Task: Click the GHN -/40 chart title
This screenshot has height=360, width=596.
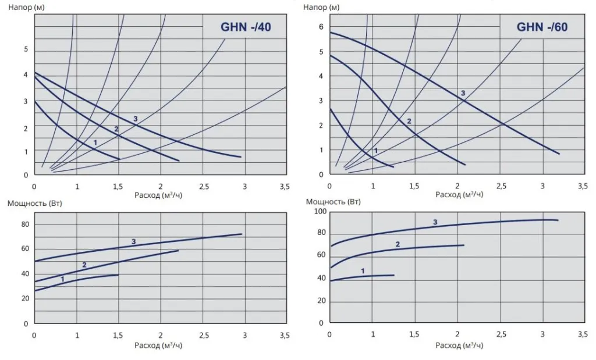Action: [245, 27]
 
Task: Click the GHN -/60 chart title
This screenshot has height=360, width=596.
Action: [542, 27]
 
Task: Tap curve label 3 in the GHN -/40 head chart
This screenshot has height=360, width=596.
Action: [135, 119]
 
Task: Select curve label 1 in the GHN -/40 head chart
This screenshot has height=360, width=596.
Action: [95, 142]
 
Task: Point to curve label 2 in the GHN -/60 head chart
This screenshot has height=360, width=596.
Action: [409, 121]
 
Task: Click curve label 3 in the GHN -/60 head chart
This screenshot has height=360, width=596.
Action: [463, 93]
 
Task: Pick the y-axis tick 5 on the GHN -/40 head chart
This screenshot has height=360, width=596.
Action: [26, 49]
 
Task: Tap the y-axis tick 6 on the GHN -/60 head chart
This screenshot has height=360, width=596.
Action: [321, 27]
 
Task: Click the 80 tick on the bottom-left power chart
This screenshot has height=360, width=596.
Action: [24, 224]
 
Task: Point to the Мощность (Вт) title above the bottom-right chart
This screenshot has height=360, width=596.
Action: [333, 202]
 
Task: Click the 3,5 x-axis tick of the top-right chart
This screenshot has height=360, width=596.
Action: [582, 187]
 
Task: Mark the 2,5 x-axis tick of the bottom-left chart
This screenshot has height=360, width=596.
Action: [204, 336]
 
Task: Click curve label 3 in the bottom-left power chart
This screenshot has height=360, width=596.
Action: [133, 241]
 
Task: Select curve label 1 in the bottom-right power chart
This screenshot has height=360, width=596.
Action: [363, 270]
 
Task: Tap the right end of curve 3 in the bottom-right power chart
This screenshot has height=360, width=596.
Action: [558, 220]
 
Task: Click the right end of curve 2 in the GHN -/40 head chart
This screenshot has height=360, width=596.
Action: [179, 161]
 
